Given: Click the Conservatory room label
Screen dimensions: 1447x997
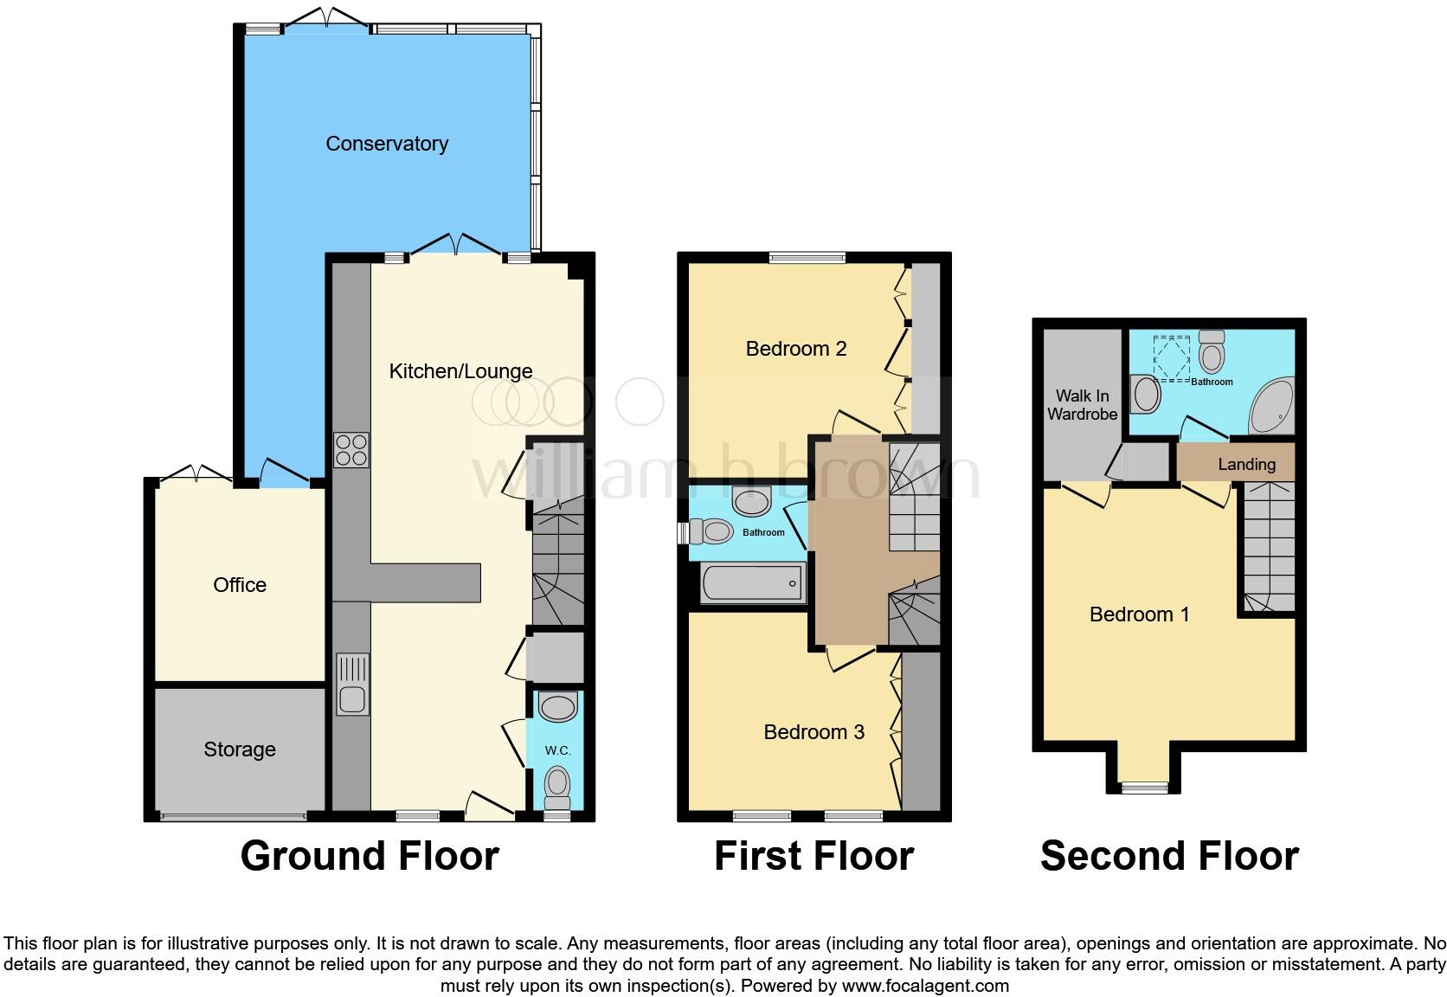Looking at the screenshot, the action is pos(387,144).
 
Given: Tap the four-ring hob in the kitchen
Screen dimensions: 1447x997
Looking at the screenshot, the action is pos(351,450).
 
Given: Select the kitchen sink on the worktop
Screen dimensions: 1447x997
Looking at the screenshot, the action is pos(352,685).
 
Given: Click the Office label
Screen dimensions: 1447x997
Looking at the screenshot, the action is pos(240,585).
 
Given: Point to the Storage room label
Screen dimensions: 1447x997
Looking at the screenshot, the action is pos(240,749).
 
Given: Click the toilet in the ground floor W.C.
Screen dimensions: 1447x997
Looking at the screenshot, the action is pos(557,788).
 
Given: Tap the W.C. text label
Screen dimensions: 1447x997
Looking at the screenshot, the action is pos(557,750).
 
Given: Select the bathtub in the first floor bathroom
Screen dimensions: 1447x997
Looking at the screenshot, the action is pos(753,583).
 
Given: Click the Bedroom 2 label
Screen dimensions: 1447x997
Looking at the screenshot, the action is pos(796,349).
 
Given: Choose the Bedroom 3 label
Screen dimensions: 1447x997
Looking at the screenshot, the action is pos(814,732).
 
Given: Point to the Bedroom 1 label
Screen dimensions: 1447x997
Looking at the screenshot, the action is pos(1140,614).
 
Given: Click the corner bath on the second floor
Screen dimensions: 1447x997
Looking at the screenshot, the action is pos(1272,406).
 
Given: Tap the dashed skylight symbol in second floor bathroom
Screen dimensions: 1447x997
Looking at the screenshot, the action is pos(1171,358).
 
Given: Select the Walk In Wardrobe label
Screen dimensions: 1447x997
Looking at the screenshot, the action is pos(1082,405).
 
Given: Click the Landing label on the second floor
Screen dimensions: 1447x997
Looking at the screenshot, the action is pos(1247,464).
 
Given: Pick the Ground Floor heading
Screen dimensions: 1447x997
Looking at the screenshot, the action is pos(370,856).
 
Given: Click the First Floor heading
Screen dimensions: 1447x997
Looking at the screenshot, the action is pos(814,856).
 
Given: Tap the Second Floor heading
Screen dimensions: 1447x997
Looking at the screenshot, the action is pos(1169,856).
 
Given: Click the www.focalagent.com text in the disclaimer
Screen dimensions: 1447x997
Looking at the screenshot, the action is pos(925,986).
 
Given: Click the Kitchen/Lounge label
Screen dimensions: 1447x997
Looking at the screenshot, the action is pos(460,371).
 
